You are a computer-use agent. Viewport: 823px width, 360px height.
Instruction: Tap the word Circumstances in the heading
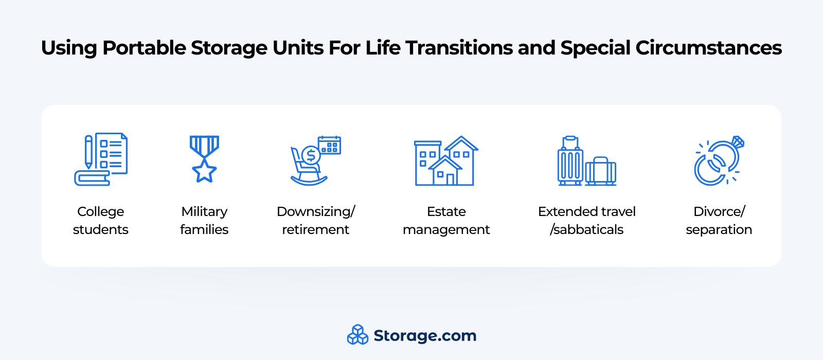(x=709, y=48)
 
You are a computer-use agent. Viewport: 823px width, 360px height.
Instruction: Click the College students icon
(x=101, y=159)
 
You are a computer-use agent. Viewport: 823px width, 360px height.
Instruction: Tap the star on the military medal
(x=204, y=171)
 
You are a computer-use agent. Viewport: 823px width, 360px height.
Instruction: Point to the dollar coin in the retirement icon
(x=311, y=155)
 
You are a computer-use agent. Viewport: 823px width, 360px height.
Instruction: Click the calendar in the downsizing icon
(x=330, y=145)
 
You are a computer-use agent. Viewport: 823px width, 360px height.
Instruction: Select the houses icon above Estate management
(x=446, y=160)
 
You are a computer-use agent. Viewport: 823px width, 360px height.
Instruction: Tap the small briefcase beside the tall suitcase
(x=600, y=171)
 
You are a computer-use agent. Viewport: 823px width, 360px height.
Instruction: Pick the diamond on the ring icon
(x=738, y=142)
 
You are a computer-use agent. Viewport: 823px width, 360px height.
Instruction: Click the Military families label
(x=204, y=221)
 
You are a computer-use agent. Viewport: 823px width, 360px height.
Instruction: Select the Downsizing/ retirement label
(x=316, y=221)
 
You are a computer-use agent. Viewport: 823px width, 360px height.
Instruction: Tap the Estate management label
(x=446, y=221)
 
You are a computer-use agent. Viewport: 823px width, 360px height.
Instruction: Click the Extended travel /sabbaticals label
(x=587, y=221)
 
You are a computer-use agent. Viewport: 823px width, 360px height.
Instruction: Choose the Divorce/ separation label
(x=719, y=221)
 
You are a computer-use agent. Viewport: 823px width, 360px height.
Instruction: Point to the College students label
(x=101, y=221)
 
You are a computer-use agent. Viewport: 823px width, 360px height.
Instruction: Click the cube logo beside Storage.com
(x=357, y=335)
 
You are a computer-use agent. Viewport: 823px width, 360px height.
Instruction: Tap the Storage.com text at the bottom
(x=425, y=336)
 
